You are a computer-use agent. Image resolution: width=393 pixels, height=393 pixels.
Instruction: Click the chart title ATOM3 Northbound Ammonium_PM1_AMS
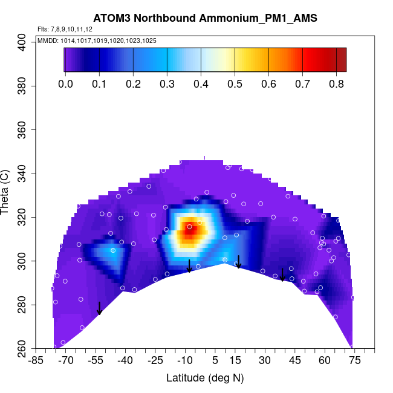pos(205,19)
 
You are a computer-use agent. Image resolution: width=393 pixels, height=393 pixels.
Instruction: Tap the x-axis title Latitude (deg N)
pos(205,378)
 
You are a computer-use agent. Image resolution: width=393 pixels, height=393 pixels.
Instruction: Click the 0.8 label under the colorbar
pos(336,84)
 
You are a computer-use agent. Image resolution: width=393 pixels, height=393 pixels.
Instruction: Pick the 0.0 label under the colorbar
pos(65,84)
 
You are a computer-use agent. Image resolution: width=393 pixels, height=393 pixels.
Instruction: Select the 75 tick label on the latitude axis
pos(354,361)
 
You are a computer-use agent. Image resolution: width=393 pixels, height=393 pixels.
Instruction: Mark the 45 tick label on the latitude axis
pos(294,361)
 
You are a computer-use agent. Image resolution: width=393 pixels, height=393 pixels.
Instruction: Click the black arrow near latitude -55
pos(99,308)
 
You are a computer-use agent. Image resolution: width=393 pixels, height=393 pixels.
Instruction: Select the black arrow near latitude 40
pos(282,275)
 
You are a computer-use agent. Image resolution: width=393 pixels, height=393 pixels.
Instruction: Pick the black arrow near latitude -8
pos(189,266)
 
